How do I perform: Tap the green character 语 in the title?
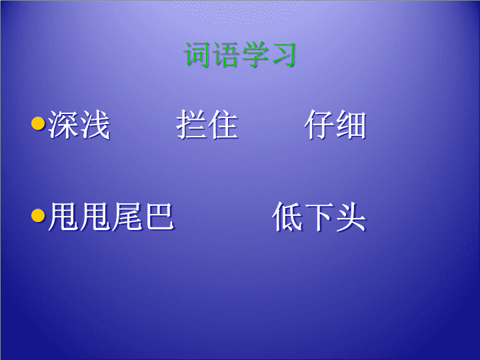(x=225, y=55)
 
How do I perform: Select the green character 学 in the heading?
(x=254, y=55)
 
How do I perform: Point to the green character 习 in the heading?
(x=283, y=55)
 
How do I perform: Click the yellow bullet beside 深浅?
(x=38, y=123)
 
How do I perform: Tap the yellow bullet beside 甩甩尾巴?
(x=38, y=215)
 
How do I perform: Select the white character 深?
(x=63, y=125)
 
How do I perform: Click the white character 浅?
(x=95, y=125)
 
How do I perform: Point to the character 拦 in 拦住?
(x=191, y=125)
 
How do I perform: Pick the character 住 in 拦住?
(x=223, y=125)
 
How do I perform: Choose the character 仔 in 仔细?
(x=319, y=125)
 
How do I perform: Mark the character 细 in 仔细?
(x=351, y=125)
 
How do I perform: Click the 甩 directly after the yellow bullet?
(x=63, y=217)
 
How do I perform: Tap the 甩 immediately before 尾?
(x=95, y=217)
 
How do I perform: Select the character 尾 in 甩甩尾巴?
(x=127, y=217)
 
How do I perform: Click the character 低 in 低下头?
(x=287, y=217)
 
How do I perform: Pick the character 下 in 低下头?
(x=319, y=217)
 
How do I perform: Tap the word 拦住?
(x=207, y=125)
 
